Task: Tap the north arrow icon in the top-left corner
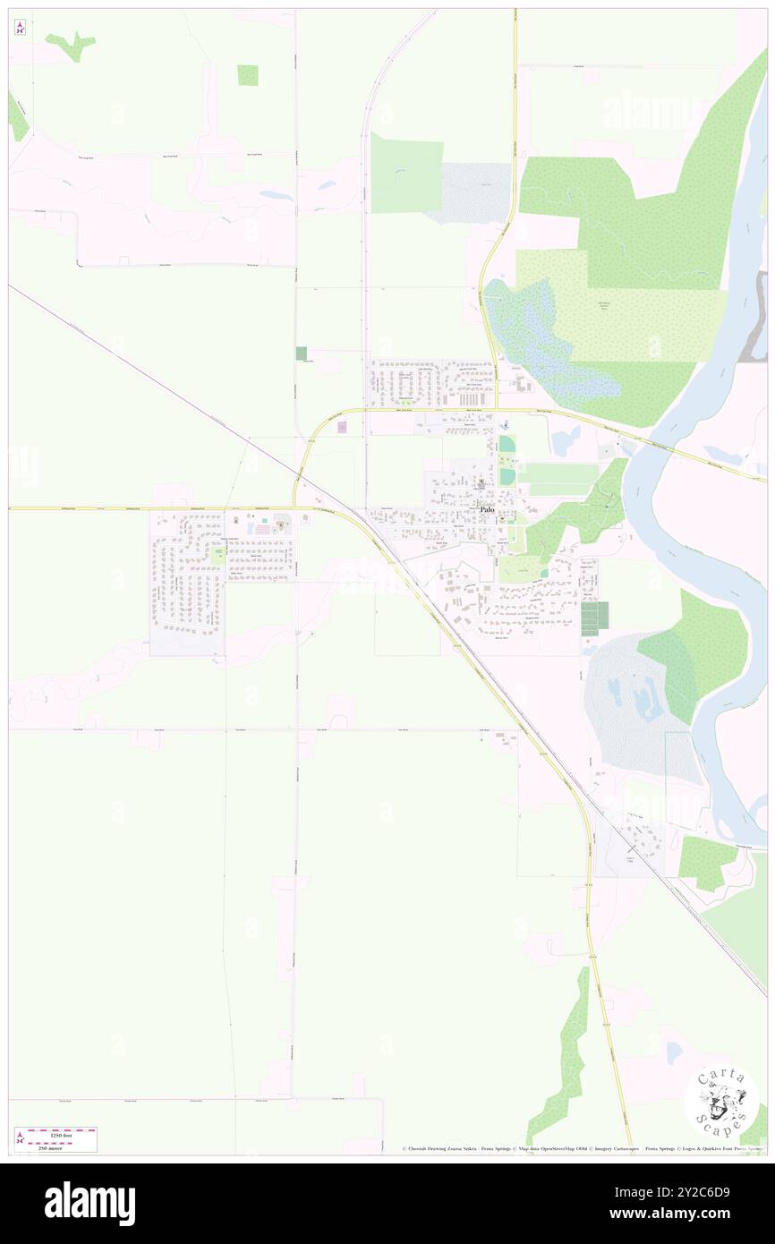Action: [x=20, y=27]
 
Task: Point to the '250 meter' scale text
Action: [x=62, y=1145]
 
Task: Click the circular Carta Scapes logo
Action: [x=721, y=1102]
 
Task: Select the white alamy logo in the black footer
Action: [x=89, y=1204]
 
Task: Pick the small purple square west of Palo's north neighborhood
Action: [x=342, y=428]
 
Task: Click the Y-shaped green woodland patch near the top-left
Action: [x=72, y=45]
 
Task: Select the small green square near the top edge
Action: [x=248, y=75]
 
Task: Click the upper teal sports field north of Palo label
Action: [x=507, y=444]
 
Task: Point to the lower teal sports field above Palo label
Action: [x=507, y=476]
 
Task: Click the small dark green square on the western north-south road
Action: [x=302, y=354]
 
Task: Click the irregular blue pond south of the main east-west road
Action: [x=566, y=440]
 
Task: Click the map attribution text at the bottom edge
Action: [x=582, y=1148]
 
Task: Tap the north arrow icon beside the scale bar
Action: [x=20, y=1139]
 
